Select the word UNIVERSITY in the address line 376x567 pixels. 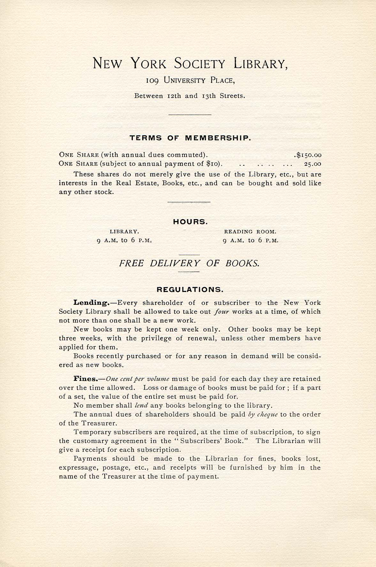[x=185, y=80]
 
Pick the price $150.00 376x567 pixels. [x=309, y=155]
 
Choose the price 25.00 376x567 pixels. [x=312, y=164]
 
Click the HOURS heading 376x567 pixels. [x=190, y=222]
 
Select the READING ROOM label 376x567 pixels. [x=250, y=232]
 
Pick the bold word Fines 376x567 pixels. [x=85, y=379]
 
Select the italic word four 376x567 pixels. [x=222, y=312]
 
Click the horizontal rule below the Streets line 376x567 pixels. [x=190, y=115]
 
